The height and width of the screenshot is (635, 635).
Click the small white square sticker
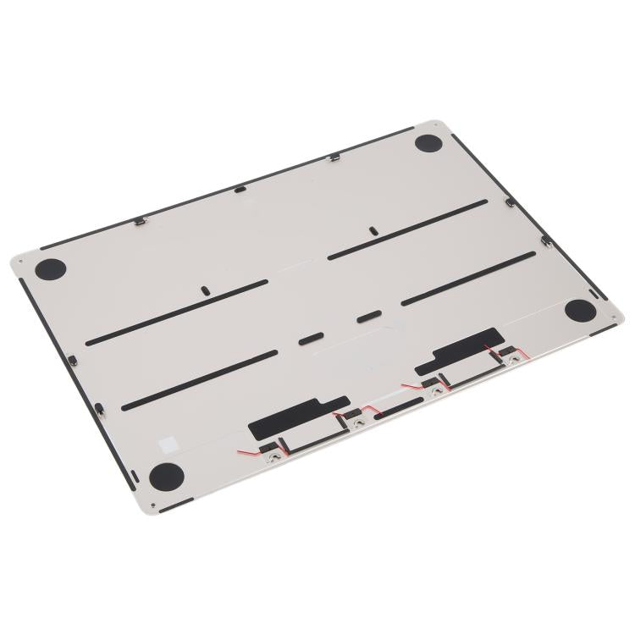pyautogui.click(x=169, y=441)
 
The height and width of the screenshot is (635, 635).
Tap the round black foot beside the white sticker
pyautogui.click(x=165, y=477)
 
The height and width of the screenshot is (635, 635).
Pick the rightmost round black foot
pyautogui.click(x=580, y=310)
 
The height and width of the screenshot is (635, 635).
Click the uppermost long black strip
pyautogui.click(x=407, y=229)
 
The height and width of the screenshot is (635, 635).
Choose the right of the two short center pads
pyautogui.click(x=367, y=317)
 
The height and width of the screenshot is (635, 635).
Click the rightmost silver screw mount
pyautogui.click(x=511, y=359)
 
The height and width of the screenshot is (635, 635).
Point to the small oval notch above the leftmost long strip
pyautogui.click(x=205, y=289)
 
